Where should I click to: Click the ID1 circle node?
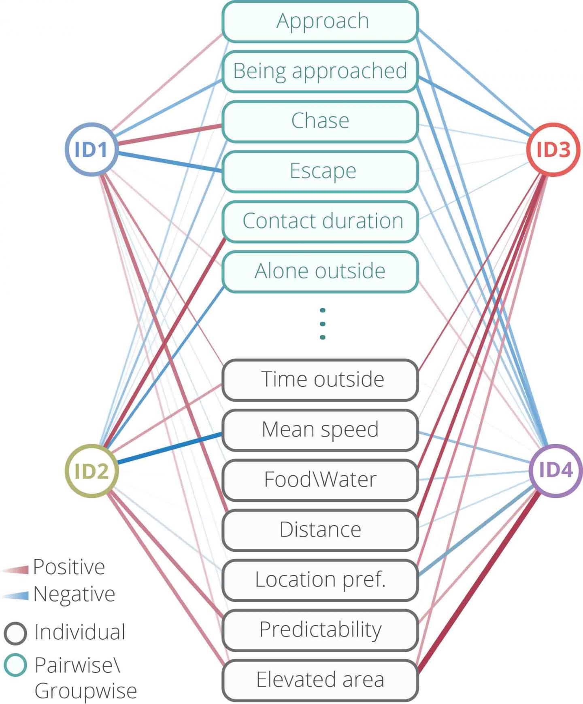tap(91, 149)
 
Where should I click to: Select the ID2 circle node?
tap(91, 471)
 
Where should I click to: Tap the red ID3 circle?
tap(553, 149)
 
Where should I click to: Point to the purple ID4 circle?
tap(555, 470)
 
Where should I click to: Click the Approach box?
tap(320, 22)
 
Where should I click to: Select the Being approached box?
tap(320, 72)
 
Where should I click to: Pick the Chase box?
tap(320, 121)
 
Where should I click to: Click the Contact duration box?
tap(320, 221)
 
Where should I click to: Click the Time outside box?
tap(320, 380)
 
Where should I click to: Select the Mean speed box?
tap(320, 430)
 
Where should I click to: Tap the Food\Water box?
tap(320, 480)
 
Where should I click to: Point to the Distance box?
tap(320, 530)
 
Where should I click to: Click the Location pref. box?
tap(320, 580)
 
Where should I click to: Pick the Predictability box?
tap(320, 630)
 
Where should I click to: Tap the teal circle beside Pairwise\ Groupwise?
tap(15, 665)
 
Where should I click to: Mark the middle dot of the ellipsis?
tap(322, 324)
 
